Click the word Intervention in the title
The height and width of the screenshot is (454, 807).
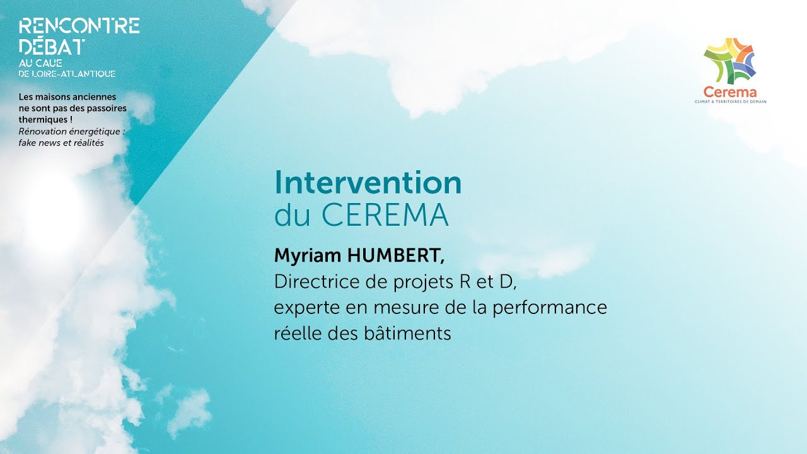click(368, 183)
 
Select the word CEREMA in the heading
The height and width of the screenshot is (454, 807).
click(385, 216)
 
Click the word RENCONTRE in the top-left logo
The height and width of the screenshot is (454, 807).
click(79, 26)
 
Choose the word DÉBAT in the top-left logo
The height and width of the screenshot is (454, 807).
click(52, 46)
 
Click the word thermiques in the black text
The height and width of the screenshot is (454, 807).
click(43, 119)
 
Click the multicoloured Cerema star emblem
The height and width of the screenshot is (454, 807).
click(730, 61)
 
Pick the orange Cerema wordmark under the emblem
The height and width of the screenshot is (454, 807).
click(730, 92)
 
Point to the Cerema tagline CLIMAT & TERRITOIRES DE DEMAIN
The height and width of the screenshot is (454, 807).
click(730, 102)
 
